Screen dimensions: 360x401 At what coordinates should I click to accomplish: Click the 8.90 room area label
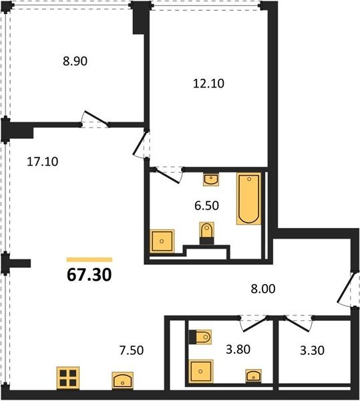(x=75, y=61)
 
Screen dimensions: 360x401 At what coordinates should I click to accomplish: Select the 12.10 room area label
(x=208, y=84)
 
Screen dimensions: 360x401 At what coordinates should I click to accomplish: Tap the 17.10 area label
(x=43, y=162)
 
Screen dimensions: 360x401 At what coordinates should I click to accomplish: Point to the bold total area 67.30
(x=89, y=275)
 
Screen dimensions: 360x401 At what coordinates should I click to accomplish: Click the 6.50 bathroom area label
(x=206, y=206)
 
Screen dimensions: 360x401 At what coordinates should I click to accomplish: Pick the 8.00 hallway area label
(x=263, y=289)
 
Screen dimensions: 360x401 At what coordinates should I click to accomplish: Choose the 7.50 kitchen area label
(x=132, y=350)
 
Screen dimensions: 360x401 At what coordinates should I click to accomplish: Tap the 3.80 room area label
(x=238, y=350)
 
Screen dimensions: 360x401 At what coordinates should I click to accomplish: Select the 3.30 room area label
(x=312, y=350)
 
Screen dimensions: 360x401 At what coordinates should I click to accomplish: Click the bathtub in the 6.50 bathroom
(x=249, y=198)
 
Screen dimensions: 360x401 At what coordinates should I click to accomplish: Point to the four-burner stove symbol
(x=68, y=378)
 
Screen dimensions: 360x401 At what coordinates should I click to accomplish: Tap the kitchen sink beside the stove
(x=123, y=380)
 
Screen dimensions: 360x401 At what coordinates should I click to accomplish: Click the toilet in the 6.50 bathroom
(x=206, y=233)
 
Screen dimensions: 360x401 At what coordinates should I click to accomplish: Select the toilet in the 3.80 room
(x=200, y=337)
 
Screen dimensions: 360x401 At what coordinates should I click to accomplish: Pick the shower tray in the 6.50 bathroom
(x=162, y=241)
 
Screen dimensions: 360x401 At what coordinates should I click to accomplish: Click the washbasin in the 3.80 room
(x=253, y=376)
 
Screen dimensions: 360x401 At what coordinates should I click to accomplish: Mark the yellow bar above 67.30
(x=89, y=259)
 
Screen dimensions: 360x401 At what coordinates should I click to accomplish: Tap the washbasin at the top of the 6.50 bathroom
(x=211, y=179)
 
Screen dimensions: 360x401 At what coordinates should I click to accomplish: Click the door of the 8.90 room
(x=95, y=119)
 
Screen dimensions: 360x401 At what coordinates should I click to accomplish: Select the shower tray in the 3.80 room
(x=201, y=372)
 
